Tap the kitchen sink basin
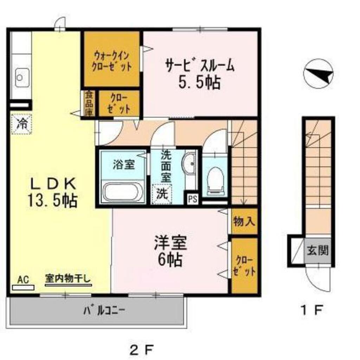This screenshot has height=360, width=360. click(x=22, y=78)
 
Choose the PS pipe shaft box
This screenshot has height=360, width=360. click(x=192, y=199)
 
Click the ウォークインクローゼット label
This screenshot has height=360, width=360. click(x=111, y=61)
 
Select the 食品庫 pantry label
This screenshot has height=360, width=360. click(x=89, y=103)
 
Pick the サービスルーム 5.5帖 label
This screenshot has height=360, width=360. click(x=200, y=73)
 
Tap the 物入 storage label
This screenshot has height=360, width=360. click(x=244, y=222)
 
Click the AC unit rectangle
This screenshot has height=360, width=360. click(x=23, y=288)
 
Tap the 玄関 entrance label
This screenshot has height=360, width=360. click(x=318, y=250)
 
